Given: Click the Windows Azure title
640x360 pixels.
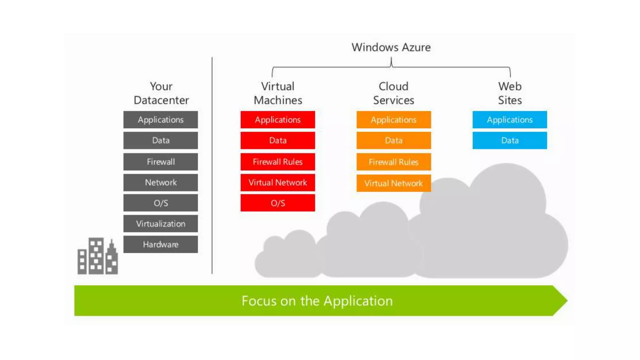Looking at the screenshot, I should (391, 47).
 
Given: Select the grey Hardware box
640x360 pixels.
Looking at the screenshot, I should (160, 244).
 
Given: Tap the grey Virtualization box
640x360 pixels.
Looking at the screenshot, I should (160, 224).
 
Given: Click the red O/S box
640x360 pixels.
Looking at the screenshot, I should (277, 203).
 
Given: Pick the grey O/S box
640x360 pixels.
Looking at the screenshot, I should (160, 203).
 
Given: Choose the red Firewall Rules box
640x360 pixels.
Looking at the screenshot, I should (277, 162).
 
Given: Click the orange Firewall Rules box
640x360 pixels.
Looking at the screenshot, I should (393, 162).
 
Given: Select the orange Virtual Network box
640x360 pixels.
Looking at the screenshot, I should (393, 183).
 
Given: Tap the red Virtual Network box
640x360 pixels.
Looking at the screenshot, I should (277, 182).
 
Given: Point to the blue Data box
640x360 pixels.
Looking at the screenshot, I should (509, 141).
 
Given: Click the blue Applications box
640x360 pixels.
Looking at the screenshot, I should (509, 120).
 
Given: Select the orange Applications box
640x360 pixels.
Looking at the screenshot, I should (393, 120).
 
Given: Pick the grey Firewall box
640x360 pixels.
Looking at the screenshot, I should (160, 162).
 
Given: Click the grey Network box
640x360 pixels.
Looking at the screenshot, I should (160, 182).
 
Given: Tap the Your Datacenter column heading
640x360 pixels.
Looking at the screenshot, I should (161, 93).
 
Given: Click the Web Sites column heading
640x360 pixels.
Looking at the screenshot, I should (510, 93).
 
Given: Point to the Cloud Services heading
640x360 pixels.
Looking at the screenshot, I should (393, 93).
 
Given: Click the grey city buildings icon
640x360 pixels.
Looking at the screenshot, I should (97, 257).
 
